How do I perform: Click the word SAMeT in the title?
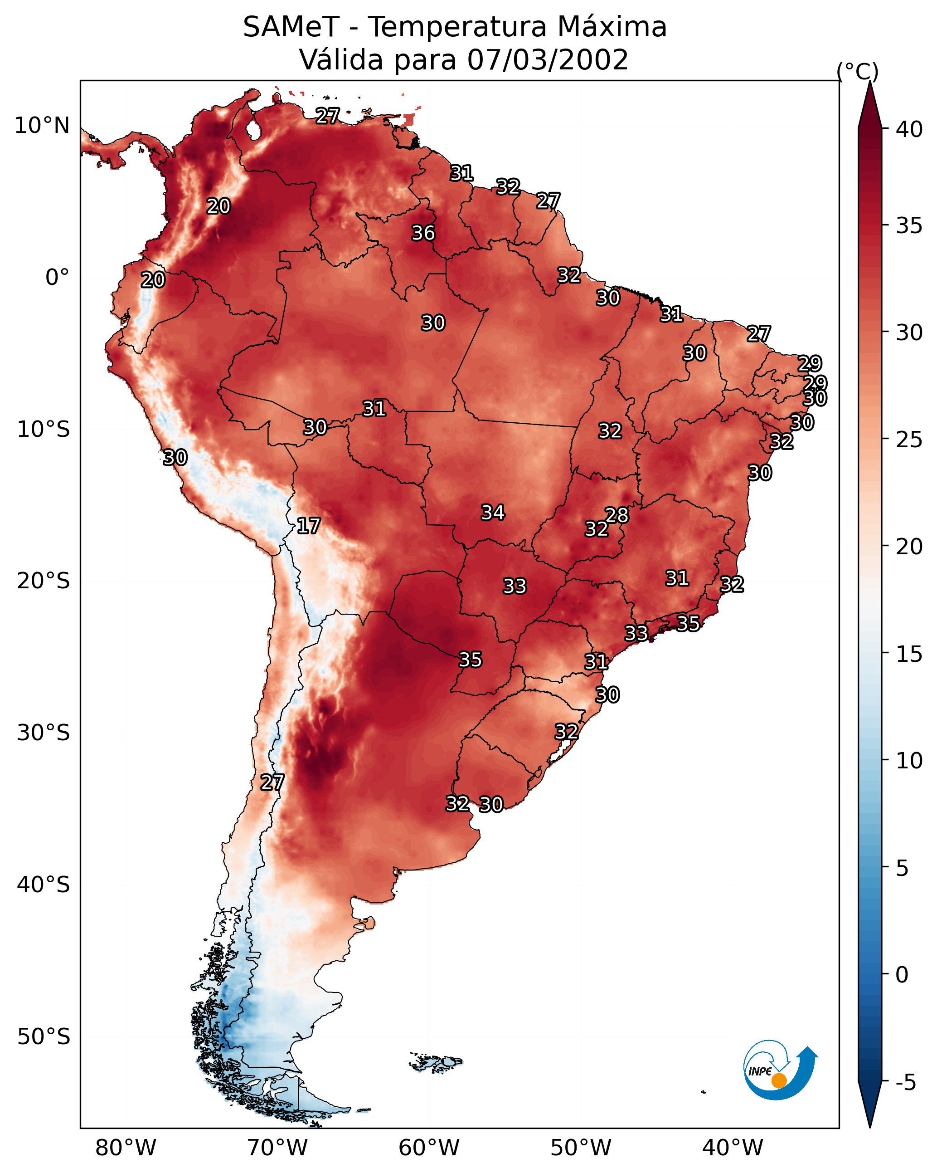click(x=291, y=27)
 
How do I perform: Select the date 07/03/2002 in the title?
click(x=548, y=60)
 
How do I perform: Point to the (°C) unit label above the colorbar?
click(x=857, y=71)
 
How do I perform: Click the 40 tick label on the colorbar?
click(x=909, y=129)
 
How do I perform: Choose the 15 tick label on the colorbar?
click(x=909, y=654)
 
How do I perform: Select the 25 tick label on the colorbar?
click(x=909, y=440)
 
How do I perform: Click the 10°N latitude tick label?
click(x=42, y=126)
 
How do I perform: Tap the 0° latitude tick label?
click(x=58, y=278)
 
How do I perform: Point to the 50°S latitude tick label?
click(x=44, y=1037)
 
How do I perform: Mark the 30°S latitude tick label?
click(x=44, y=733)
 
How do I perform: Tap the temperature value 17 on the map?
click(x=308, y=526)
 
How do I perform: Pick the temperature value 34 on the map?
click(x=493, y=513)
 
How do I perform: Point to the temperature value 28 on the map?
click(x=617, y=515)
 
